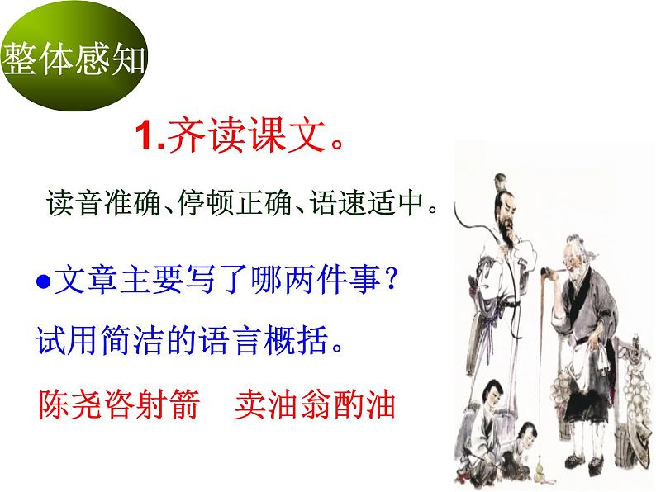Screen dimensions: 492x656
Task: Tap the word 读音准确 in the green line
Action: (x=83, y=202)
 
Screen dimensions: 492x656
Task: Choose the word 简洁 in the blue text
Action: (x=140, y=338)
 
